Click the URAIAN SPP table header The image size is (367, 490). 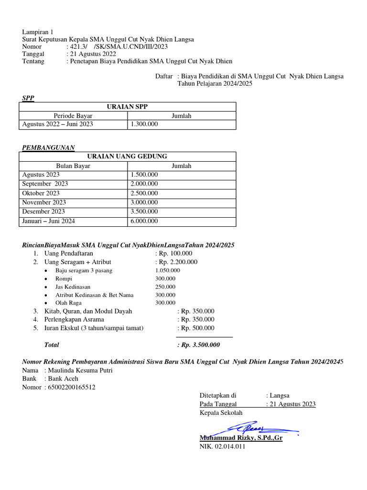pos(127,107)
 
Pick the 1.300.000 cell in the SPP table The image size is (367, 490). pos(144,124)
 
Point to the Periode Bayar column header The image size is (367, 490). pos(73,116)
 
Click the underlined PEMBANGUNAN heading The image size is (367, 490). pos(48,147)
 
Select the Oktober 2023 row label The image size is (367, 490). pos(41,193)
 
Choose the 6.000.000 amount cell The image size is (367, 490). pos(144,221)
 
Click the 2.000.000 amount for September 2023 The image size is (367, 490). pos(144,184)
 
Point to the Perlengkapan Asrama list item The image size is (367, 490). pos(74,319)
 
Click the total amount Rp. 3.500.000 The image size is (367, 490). pos(198,345)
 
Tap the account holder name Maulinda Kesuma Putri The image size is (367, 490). pos(80,370)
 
